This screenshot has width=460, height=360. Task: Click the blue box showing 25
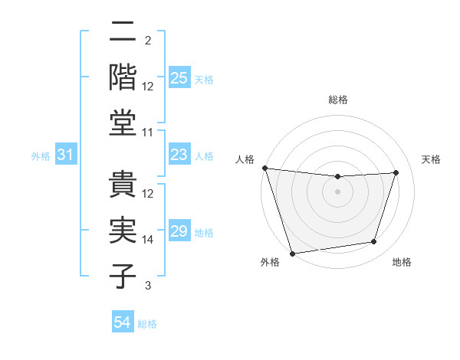(179, 78)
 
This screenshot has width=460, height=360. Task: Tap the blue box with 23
(179, 155)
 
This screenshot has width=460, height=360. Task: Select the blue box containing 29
(179, 231)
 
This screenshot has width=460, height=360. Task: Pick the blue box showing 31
(66, 155)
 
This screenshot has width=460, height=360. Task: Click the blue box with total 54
(123, 322)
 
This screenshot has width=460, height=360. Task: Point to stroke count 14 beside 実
(148, 240)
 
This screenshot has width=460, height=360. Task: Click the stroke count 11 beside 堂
(148, 133)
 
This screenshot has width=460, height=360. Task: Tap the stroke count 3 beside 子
(147, 286)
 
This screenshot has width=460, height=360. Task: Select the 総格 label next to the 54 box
(147, 324)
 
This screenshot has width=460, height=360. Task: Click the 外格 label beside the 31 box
(41, 156)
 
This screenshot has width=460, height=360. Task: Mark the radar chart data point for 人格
(264, 168)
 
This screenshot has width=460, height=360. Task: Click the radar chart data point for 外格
(292, 253)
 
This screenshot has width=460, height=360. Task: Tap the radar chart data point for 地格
(374, 242)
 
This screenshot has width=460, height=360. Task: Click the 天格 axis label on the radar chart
(432, 159)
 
